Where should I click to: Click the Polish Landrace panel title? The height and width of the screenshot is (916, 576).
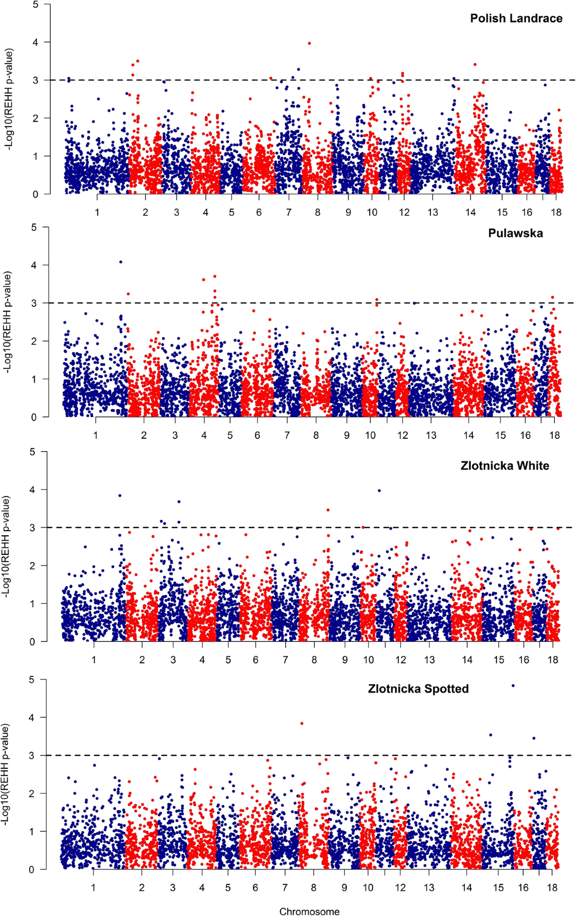tap(516, 18)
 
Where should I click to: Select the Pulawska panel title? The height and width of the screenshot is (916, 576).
tap(516, 233)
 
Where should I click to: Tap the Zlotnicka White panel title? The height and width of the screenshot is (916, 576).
tap(504, 466)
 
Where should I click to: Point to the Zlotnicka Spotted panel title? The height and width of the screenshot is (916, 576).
tap(418, 689)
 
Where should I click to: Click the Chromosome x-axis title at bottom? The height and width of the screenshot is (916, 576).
tap(309, 911)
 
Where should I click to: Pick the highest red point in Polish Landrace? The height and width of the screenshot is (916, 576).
tap(310, 43)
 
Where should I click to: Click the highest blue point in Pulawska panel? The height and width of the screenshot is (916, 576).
tap(120, 262)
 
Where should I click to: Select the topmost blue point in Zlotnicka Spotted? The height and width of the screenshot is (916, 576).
tap(513, 686)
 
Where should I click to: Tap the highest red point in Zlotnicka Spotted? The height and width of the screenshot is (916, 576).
tap(302, 723)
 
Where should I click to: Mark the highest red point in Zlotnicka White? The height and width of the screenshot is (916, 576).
tap(328, 510)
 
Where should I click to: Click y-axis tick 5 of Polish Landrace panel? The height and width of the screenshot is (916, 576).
tap(35, 4)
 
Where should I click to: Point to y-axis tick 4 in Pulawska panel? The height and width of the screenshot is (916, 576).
tap(34, 265)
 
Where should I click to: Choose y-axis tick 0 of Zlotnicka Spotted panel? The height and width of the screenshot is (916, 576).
tap(31, 869)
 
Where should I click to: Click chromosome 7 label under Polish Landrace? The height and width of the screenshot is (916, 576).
tap(288, 212)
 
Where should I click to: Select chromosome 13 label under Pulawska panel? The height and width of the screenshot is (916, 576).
tap(431, 435)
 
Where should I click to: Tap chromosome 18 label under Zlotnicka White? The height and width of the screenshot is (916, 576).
tap(553, 660)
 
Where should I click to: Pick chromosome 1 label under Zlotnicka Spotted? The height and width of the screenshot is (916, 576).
tap(93, 888)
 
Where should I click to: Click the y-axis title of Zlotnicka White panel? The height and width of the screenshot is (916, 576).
tap(6, 546)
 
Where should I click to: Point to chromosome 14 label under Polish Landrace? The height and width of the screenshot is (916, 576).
tap(470, 212)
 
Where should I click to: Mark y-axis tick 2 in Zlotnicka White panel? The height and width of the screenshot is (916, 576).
tap(32, 566)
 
